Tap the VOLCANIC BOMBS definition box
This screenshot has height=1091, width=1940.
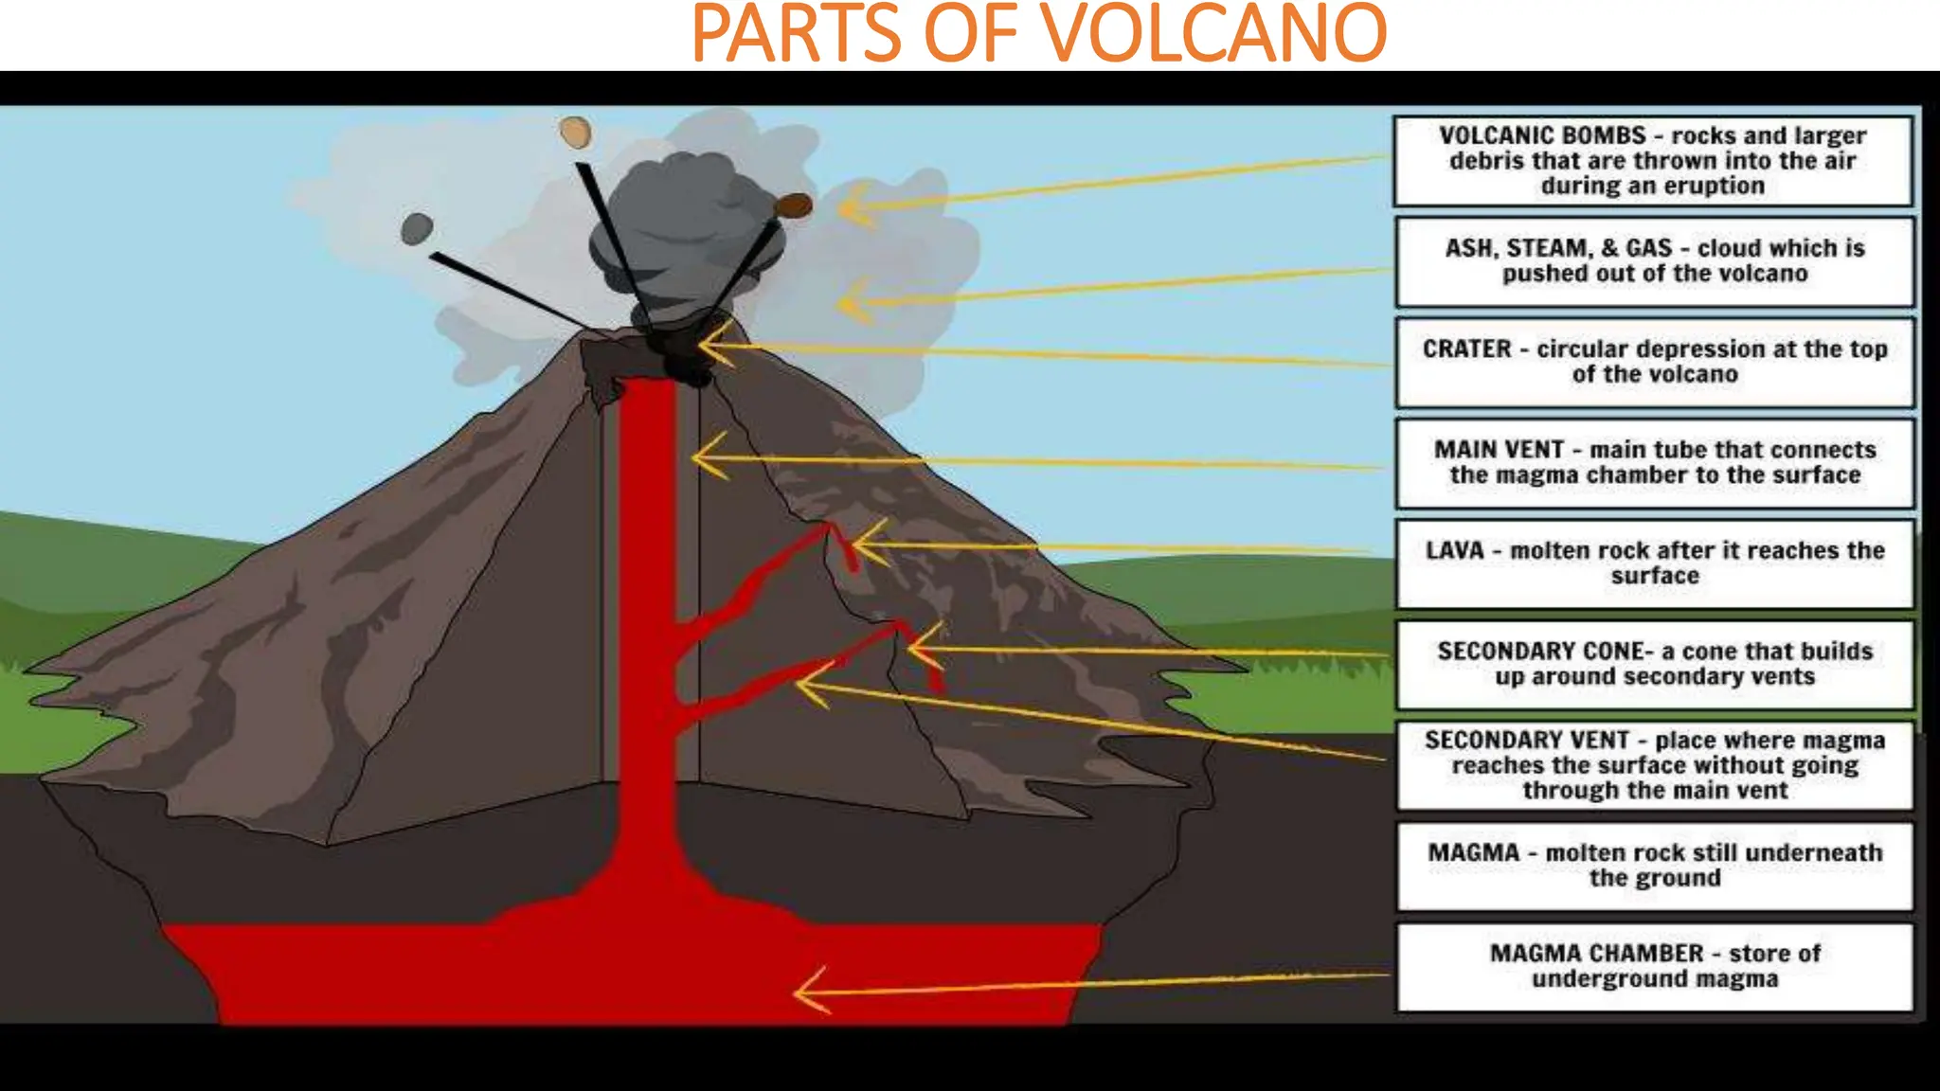tap(1653, 161)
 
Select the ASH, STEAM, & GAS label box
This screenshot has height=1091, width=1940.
tap(1654, 261)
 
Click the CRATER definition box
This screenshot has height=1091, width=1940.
tap(1654, 362)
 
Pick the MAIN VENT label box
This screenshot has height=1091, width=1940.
tap(1654, 463)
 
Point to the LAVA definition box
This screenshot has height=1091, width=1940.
tap(1654, 563)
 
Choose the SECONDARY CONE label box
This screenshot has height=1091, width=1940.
tap(1654, 664)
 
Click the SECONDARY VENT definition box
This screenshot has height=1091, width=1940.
tap(1654, 765)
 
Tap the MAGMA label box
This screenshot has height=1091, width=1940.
tap(1654, 866)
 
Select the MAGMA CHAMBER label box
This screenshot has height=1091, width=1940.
tap(1654, 966)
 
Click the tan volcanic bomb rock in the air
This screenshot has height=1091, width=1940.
tap(575, 132)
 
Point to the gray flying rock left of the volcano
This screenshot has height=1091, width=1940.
tap(417, 228)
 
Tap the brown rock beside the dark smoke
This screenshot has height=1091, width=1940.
tap(793, 206)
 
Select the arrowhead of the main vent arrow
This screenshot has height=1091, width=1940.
tap(701, 457)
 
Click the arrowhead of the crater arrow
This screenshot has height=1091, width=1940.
tap(707, 346)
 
